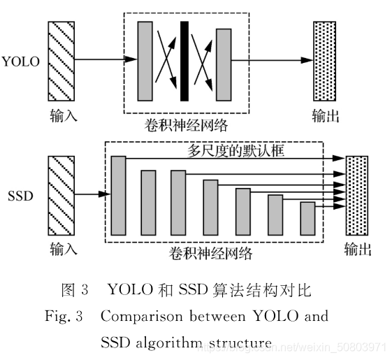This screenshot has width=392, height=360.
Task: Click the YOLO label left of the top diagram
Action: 21,61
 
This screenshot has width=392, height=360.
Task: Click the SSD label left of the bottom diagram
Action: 20,196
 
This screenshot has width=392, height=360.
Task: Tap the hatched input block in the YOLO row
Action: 60,61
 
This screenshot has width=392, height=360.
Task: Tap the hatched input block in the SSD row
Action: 60,196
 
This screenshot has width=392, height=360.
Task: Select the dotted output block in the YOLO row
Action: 324,61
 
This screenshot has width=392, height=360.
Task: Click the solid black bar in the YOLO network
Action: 184,61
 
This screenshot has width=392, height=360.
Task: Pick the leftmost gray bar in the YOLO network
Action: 145,61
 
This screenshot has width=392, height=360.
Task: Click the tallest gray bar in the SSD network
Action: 118,195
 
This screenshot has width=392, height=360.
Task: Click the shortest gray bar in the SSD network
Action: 307,217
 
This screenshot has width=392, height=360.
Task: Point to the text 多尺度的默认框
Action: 235,150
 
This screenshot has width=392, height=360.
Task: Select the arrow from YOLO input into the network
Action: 105,59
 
